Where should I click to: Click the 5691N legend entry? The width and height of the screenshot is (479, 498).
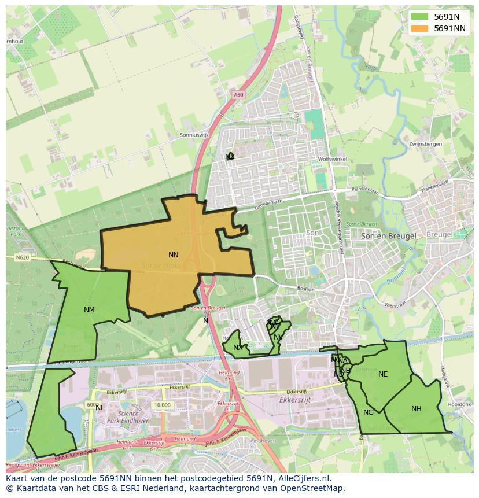pos(445,17)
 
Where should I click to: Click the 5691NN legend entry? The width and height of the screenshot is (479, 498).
pos(449,28)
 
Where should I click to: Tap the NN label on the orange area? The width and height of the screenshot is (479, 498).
pos(174,255)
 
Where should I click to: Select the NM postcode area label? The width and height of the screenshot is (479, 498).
pos(89,310)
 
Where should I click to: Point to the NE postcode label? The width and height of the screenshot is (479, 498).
pos(383,374)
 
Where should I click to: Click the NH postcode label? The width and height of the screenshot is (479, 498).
pos(417,409)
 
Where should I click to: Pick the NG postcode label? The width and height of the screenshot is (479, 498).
pos(369,412)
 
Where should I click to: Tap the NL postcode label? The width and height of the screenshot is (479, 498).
pos(100,408)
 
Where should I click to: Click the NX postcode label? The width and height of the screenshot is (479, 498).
pos(238,348)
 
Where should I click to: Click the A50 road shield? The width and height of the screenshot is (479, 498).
pos(239,94)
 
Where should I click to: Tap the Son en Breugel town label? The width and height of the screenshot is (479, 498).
pos(388,236)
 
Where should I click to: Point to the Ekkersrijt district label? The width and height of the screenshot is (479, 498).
pos(296,399)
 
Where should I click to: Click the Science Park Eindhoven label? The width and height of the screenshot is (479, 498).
pos(134,418)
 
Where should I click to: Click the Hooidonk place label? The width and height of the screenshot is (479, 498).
pos(460,404)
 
